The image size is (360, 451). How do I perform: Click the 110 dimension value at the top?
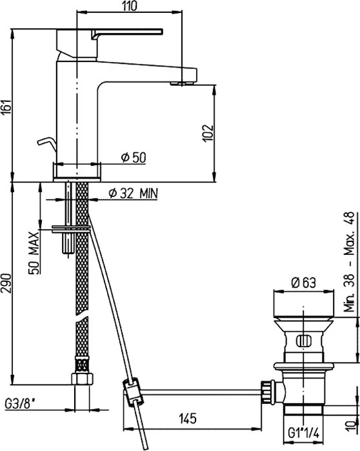130,6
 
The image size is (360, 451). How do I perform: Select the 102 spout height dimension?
208,133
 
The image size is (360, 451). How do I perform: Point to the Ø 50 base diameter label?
134,157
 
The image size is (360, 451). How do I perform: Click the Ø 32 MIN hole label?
134,194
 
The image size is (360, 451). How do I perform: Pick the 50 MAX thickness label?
34,253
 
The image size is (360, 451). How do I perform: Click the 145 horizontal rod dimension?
188,418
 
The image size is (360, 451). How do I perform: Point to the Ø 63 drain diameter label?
303,283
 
